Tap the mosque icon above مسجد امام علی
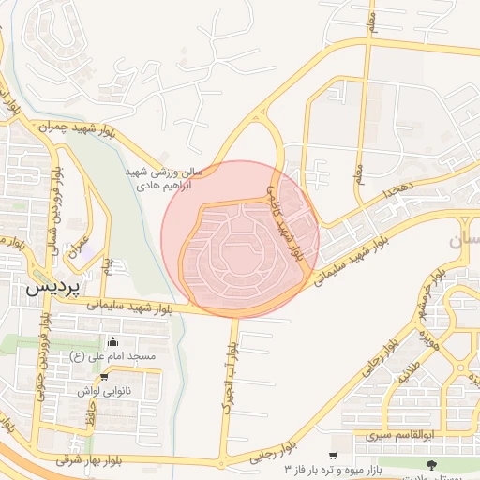[x=113, y=341]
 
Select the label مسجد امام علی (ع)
[x=104, y=357]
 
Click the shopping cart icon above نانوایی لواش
[x=104, y=376]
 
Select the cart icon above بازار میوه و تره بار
[x=333, y=455]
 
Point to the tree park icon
[x=431, y=464]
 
